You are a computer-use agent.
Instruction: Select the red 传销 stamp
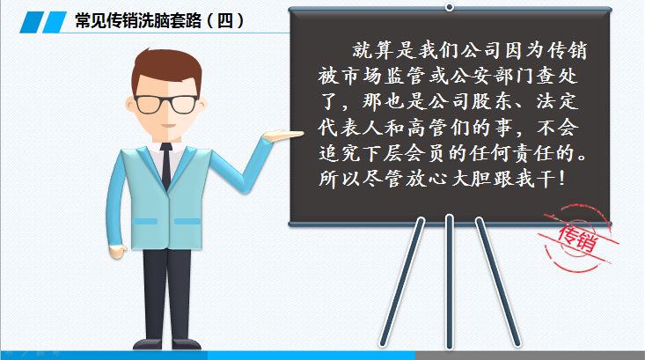point(581,239)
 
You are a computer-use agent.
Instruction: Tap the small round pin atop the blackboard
point(450,7)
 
